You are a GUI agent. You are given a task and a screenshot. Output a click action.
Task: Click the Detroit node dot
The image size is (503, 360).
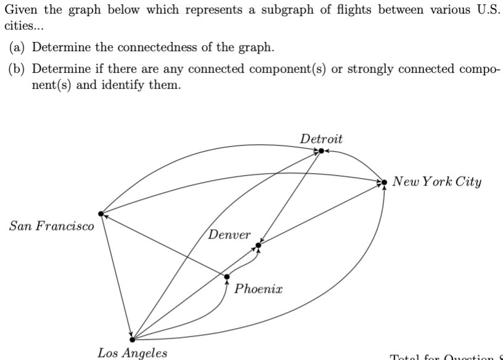click(321, 150)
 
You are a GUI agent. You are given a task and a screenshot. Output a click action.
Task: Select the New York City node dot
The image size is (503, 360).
click(385, 182)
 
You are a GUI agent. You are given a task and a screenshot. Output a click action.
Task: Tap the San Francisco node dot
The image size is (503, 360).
click(101, 213)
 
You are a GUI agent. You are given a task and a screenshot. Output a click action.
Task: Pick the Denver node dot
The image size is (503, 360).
click(258, 245)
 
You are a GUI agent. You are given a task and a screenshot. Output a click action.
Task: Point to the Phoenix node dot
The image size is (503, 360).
click(227, 276)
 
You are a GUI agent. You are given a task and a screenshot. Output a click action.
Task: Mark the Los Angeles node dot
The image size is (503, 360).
click(132, 338)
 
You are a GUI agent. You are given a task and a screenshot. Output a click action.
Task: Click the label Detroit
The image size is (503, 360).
click(321, 138)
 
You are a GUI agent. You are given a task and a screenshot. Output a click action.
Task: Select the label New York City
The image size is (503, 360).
click(437, 182)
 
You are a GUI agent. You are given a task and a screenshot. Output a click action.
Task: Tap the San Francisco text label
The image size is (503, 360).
click(52, 226)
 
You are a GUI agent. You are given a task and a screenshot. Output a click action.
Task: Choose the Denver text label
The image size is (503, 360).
click(229, 235)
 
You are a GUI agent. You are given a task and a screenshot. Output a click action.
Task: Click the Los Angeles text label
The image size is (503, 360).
click(132, 353)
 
